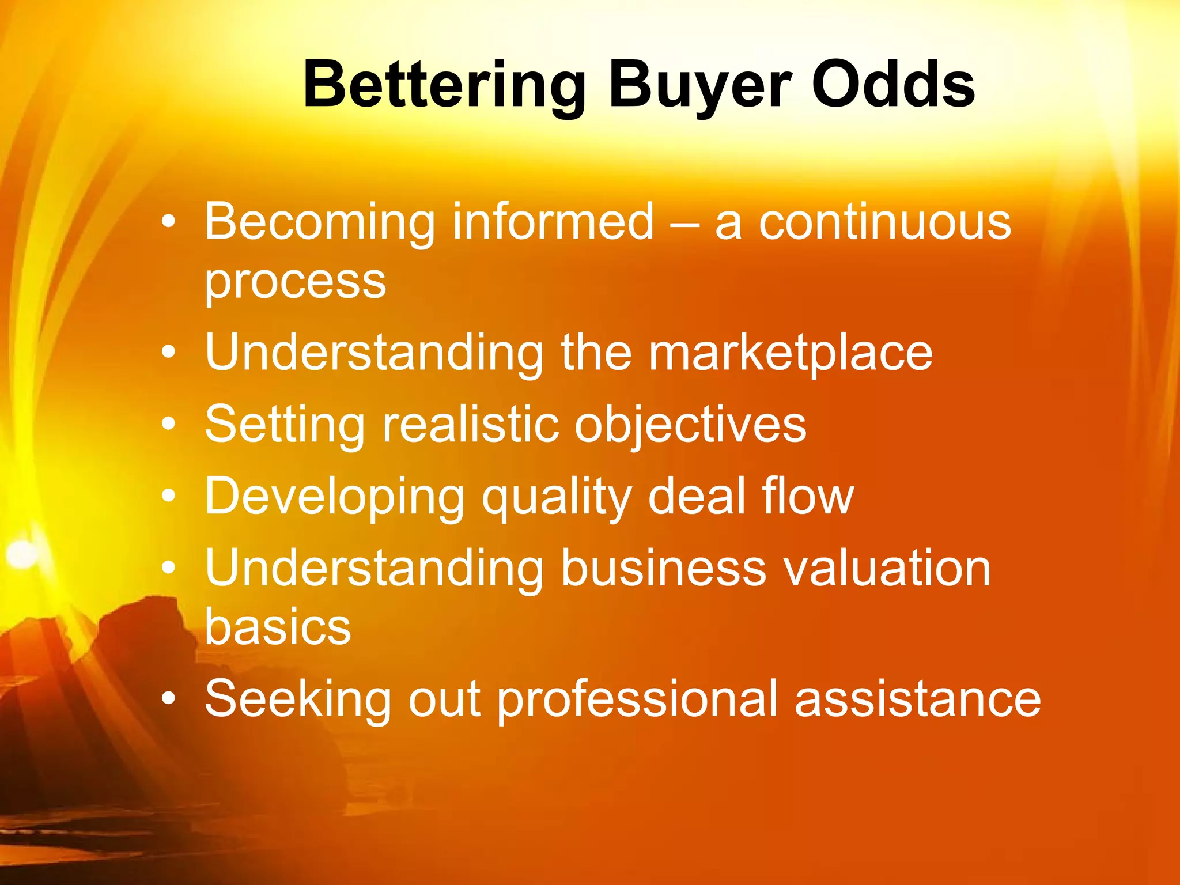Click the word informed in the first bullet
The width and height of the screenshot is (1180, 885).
[x=553, y=222]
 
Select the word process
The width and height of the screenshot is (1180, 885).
[x=295, y=282]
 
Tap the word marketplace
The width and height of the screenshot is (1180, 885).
[x=790, y=352]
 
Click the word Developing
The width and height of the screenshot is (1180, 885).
[x=334, y=497]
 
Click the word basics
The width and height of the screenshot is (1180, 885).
[x=278, y=627]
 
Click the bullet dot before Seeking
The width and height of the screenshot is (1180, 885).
[x=168, y=699]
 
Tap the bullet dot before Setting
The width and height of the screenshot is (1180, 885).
[x=168, y=425]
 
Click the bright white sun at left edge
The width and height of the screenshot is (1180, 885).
[x=22, y=554]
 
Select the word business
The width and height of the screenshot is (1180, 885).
[x=663, y=568]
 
